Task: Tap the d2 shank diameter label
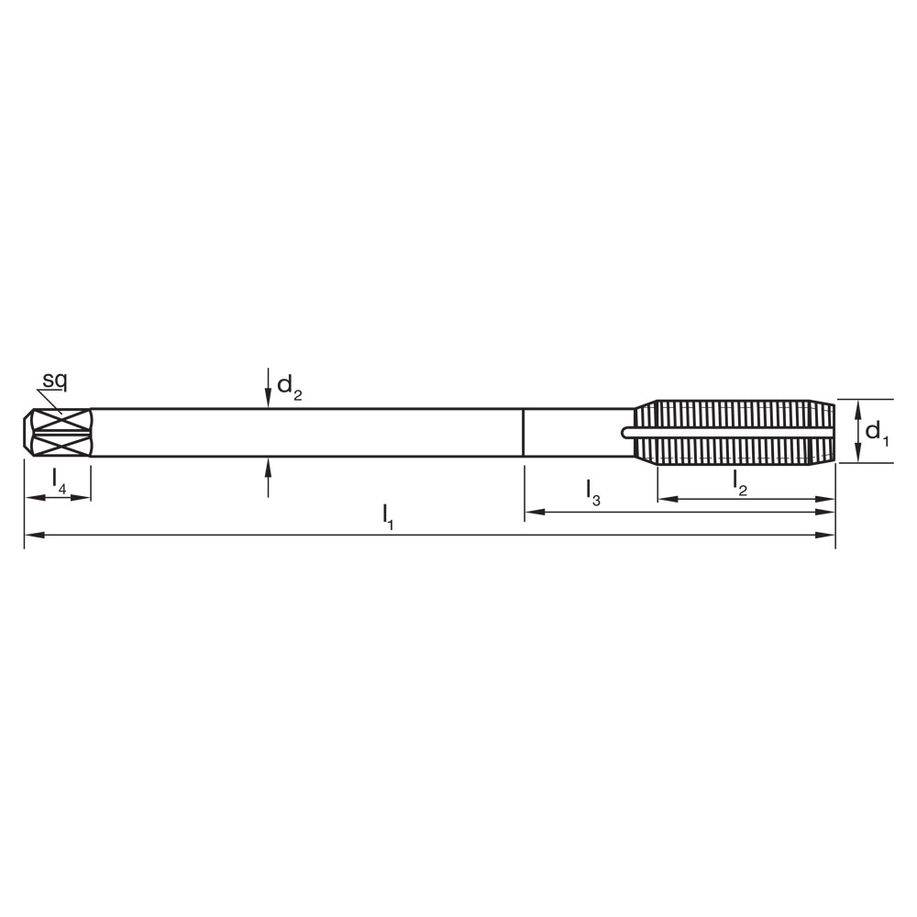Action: click(289, 388)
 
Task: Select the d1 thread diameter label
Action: click(878, 432)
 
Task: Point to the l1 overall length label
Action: click(388, 516)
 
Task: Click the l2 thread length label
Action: click(740, 481)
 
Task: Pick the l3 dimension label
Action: click(593, 492)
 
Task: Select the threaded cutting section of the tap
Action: click(734, 432)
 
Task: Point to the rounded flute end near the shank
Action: click(627, 432)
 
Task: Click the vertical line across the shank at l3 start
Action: click(523, 432)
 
